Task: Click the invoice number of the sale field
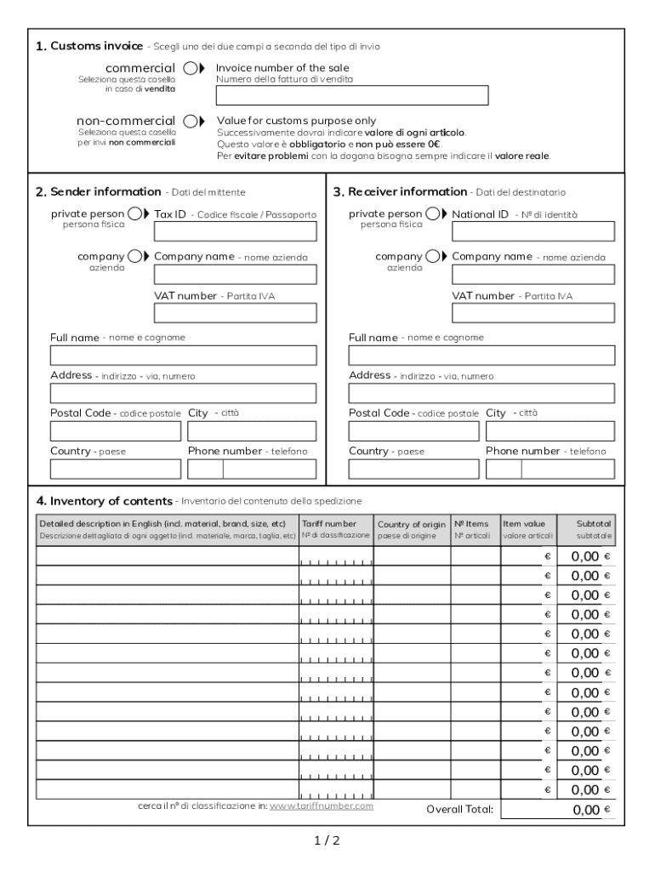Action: point(352,95)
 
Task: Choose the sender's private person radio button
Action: point(134,214)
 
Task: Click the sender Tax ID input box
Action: point(235,232)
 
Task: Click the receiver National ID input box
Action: point(533,232)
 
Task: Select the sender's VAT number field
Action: point(235,313)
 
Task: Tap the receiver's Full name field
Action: point(481,356)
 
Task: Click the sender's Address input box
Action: point(183,393)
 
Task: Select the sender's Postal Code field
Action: point(115,431)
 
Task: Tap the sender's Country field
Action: point(115,469)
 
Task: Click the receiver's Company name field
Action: point(533,274)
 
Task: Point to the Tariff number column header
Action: point(336,529)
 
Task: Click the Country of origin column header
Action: point(412,529)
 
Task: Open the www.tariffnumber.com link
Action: point(322,806)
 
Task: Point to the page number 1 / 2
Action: point(327,841)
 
